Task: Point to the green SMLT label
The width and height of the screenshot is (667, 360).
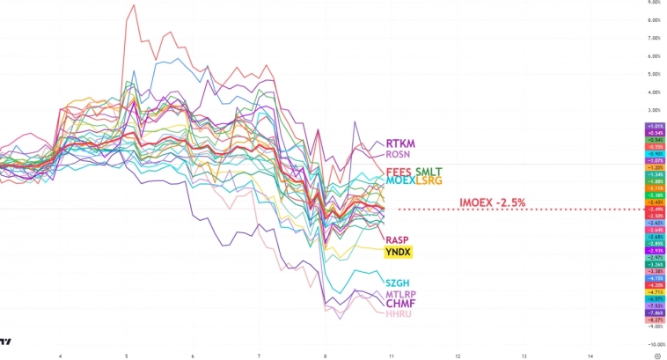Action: click(x=429, y=171)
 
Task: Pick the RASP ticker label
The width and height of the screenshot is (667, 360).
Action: click(x=397, y=239)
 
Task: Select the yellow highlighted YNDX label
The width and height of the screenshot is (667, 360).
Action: click(x=399, y=252)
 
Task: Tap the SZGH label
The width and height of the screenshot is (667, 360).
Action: click(x=398, y=282)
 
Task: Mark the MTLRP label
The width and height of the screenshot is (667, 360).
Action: click(x=400, y=294)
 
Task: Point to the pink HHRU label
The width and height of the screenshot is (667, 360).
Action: click(x=399, y=313)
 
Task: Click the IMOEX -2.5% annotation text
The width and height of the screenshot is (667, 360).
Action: click(x=493, y=202)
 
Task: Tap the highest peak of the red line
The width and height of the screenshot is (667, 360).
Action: click(x=133, y=6)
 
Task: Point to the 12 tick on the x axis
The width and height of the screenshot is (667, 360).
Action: click(x=458, y=356)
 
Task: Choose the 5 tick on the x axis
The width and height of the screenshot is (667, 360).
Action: click(x=127, y=356)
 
